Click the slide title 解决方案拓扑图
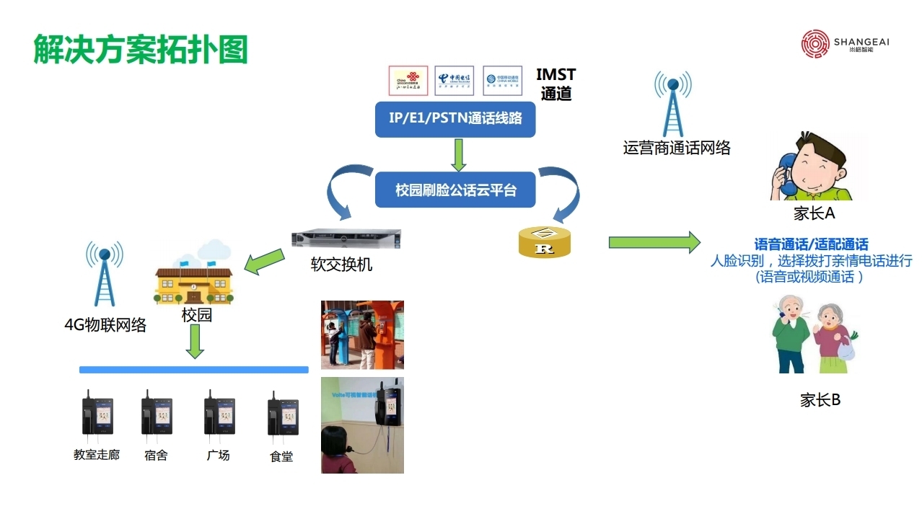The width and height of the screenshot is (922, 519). pyautogui.click(x=141, y=50)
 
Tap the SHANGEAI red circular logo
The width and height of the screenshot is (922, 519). pyautogui.click(x=816, y=44)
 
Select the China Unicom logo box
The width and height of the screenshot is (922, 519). pyautogui.click(x=408, y=80)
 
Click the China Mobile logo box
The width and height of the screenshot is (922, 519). pyautogui.click(x=502, y=80)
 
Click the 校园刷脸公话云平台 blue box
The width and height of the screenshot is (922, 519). pyautogui.click(x=455, y=190)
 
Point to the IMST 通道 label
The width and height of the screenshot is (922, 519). pyautogui.click(x=556, y=84)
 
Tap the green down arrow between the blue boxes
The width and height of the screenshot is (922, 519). pyautogui.click(x=456, y=154)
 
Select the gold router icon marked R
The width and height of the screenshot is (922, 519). pyautogui.click(x=545, y=242)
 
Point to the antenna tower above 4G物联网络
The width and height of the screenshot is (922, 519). pyautogui.click(x=105, y=275)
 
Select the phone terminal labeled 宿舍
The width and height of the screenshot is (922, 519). pyautogui.click(x=156, y=417)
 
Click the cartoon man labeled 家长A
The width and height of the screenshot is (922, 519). pyautogui.click(x=812, y=169)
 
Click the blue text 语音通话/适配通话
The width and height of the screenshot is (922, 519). pyautogui.click(x=811, y=245)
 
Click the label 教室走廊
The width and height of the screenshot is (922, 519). pyautogui.click(x=97, y=456)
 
